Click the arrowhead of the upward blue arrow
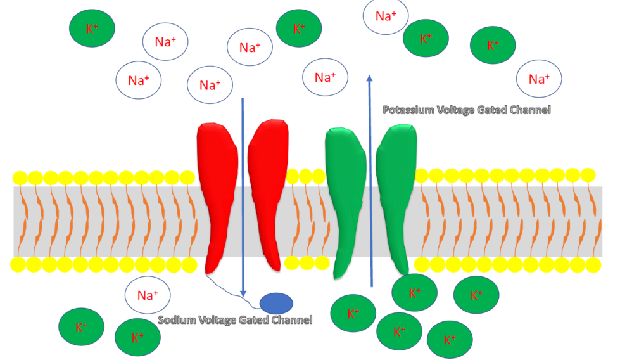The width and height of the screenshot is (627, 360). (x=369, y=79)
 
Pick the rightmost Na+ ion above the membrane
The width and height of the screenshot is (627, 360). (x=538, y=79)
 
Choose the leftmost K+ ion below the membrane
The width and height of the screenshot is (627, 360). (x=81, y=328)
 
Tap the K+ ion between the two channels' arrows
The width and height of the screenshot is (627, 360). (x=299, y=29)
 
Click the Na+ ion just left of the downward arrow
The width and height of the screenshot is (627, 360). (x=210, y=84)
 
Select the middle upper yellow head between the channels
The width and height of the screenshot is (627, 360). (x=306, y=176)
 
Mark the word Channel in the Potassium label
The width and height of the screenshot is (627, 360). (x=529, y=110)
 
